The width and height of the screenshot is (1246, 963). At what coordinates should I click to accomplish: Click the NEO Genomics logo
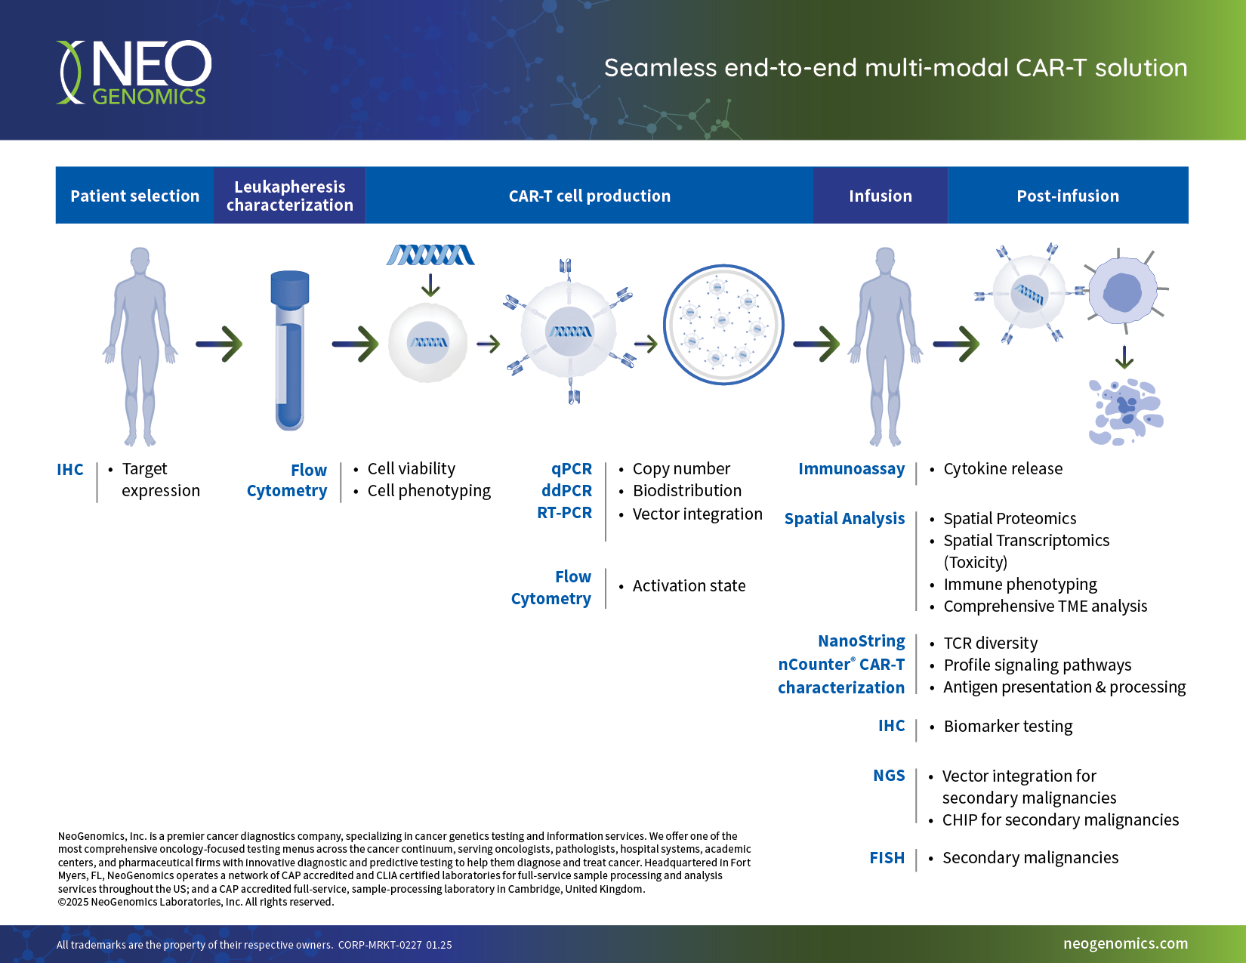(134, 73)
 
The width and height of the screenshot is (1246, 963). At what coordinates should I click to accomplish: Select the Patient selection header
(134, 196)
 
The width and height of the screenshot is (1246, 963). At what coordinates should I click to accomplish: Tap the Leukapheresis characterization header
(290, 196)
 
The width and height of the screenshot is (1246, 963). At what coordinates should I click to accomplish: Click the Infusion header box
(880, 196)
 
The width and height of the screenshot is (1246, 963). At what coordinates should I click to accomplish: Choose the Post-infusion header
(1067, 196)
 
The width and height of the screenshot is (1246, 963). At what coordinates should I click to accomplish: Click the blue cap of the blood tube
(290, 288)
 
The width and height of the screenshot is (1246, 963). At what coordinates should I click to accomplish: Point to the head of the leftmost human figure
(140, 260)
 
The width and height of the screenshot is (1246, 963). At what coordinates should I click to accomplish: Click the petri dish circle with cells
(723, 325)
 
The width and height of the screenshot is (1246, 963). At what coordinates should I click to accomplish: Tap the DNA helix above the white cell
(430, 255)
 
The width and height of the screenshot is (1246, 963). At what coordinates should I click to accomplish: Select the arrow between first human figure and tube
(219, 344)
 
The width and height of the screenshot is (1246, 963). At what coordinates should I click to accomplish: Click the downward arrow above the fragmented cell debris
(1124, 357)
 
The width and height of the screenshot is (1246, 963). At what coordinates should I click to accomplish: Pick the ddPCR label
(566, 491)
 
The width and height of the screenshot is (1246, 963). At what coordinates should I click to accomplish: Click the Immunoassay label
(851, 469)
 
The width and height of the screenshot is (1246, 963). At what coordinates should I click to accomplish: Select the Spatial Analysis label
(844, 519)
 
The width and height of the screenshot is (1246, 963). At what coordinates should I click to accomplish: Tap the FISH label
(887, 858)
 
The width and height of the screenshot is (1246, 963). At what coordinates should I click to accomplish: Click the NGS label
(889, 776)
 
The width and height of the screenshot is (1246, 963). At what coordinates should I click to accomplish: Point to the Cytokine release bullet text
(1002, 469)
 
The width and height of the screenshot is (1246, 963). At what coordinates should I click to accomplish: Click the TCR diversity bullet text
(990, 644)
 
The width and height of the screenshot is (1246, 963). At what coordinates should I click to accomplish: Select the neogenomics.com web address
(1125, 943)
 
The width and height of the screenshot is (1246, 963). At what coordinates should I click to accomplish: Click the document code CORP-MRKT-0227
(380, 945)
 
